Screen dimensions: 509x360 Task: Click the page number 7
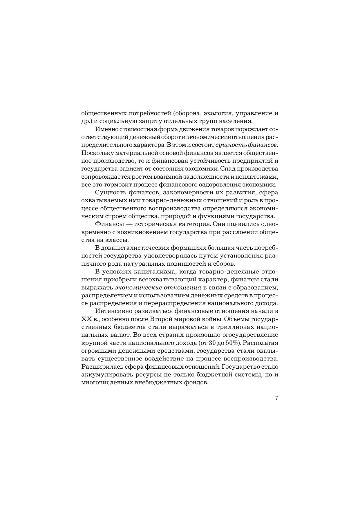[276, 398]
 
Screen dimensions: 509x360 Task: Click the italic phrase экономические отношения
[158, 288]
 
